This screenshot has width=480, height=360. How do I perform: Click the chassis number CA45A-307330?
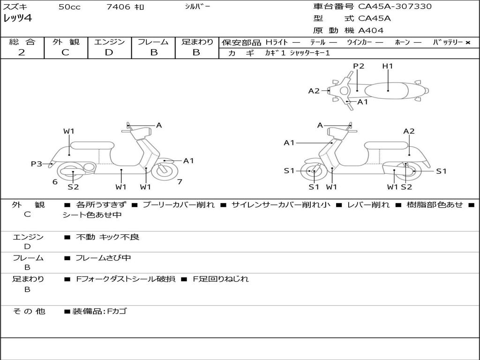click(x=395, y=7)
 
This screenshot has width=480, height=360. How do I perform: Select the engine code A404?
click(x=371, y=30)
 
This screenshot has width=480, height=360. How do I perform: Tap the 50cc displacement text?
click(x=69, y=7)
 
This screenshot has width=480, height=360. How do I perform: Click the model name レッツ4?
click(x=17, y=19)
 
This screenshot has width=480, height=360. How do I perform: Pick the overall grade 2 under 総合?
click(x=22, y=52)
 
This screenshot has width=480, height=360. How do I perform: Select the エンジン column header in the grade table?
click(x=109, y=42)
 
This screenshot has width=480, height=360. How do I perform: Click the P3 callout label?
click(x=37, y=164)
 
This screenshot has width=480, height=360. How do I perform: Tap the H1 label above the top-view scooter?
click(x=388, y=66)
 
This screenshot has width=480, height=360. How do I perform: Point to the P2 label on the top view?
click(x=359, y=66)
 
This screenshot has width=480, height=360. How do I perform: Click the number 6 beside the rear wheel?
click(x=55, y=182)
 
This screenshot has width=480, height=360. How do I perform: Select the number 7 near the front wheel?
click(x=180, y=182)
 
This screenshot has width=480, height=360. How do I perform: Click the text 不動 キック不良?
click(x=107, y=237)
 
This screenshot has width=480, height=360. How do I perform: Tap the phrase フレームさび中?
click(x=103, y=258)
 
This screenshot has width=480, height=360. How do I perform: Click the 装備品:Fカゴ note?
click(x=99, y=311)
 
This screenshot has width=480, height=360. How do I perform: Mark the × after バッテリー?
click(x=468, y=42)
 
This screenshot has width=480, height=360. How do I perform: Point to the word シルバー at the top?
click(x=197, y=7)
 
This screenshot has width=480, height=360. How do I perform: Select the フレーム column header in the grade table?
click(x=153, y=42)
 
